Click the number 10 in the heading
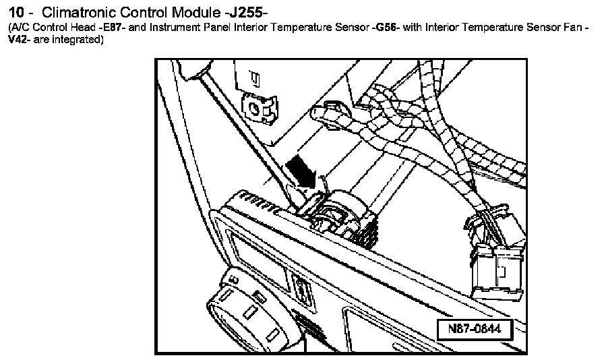point(16,12)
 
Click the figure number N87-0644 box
point(475,330)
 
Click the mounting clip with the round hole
point(256,106)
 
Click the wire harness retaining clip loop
point(331,111)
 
